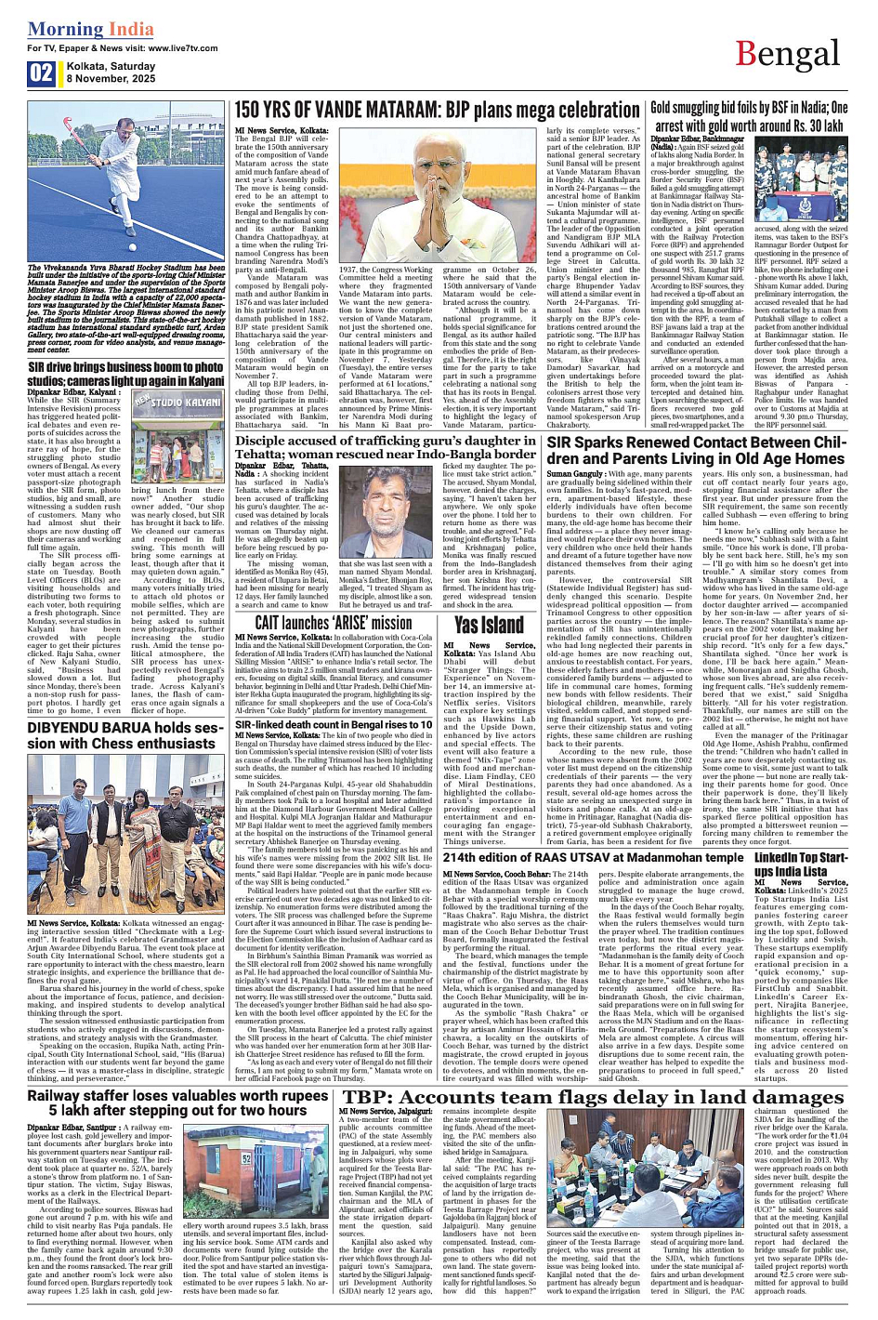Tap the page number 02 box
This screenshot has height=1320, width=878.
click(41, 73)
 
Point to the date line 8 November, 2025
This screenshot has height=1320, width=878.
click(111, 80)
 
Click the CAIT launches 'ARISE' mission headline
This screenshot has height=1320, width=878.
click(333, 623)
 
